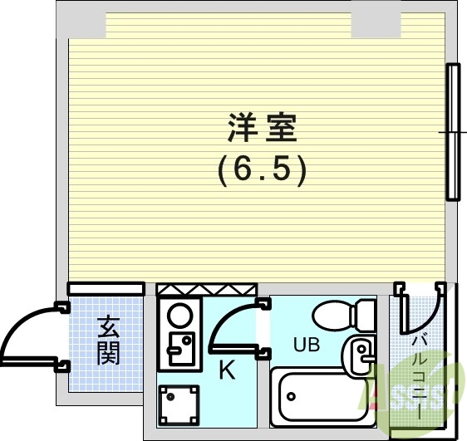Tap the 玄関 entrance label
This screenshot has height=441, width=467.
click(107, 340)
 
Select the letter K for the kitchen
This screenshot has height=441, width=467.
click(226, 371)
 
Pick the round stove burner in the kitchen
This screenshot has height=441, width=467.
click(179, 316)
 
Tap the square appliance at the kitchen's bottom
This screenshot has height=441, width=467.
click(179, 404)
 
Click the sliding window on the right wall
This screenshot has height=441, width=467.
click(453, 132)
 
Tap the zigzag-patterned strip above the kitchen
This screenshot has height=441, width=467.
click(205, 289)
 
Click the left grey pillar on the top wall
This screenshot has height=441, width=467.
click(81, 25)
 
